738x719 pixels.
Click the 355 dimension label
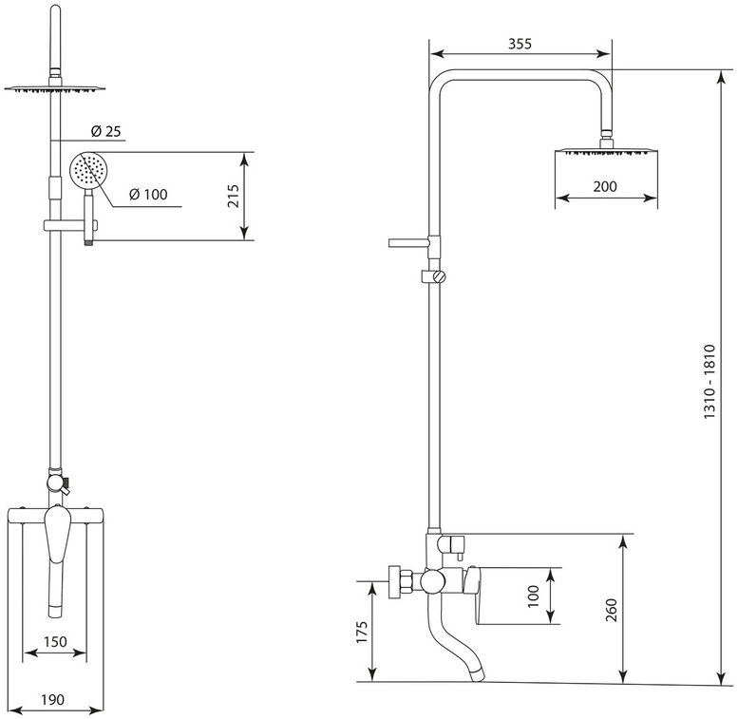[520, 44]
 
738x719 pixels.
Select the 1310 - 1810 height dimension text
[710, 382]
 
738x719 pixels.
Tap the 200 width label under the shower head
[605, 187]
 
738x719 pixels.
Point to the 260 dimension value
[611, 610]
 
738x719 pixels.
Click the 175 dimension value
[361, 633]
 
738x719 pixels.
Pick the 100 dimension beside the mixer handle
[533, 596]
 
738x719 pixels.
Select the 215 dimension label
[234, 196]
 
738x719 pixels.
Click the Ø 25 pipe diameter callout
[105, 131]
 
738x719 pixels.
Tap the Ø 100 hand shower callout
[148, 194]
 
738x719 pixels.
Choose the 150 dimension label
[55, 642]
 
